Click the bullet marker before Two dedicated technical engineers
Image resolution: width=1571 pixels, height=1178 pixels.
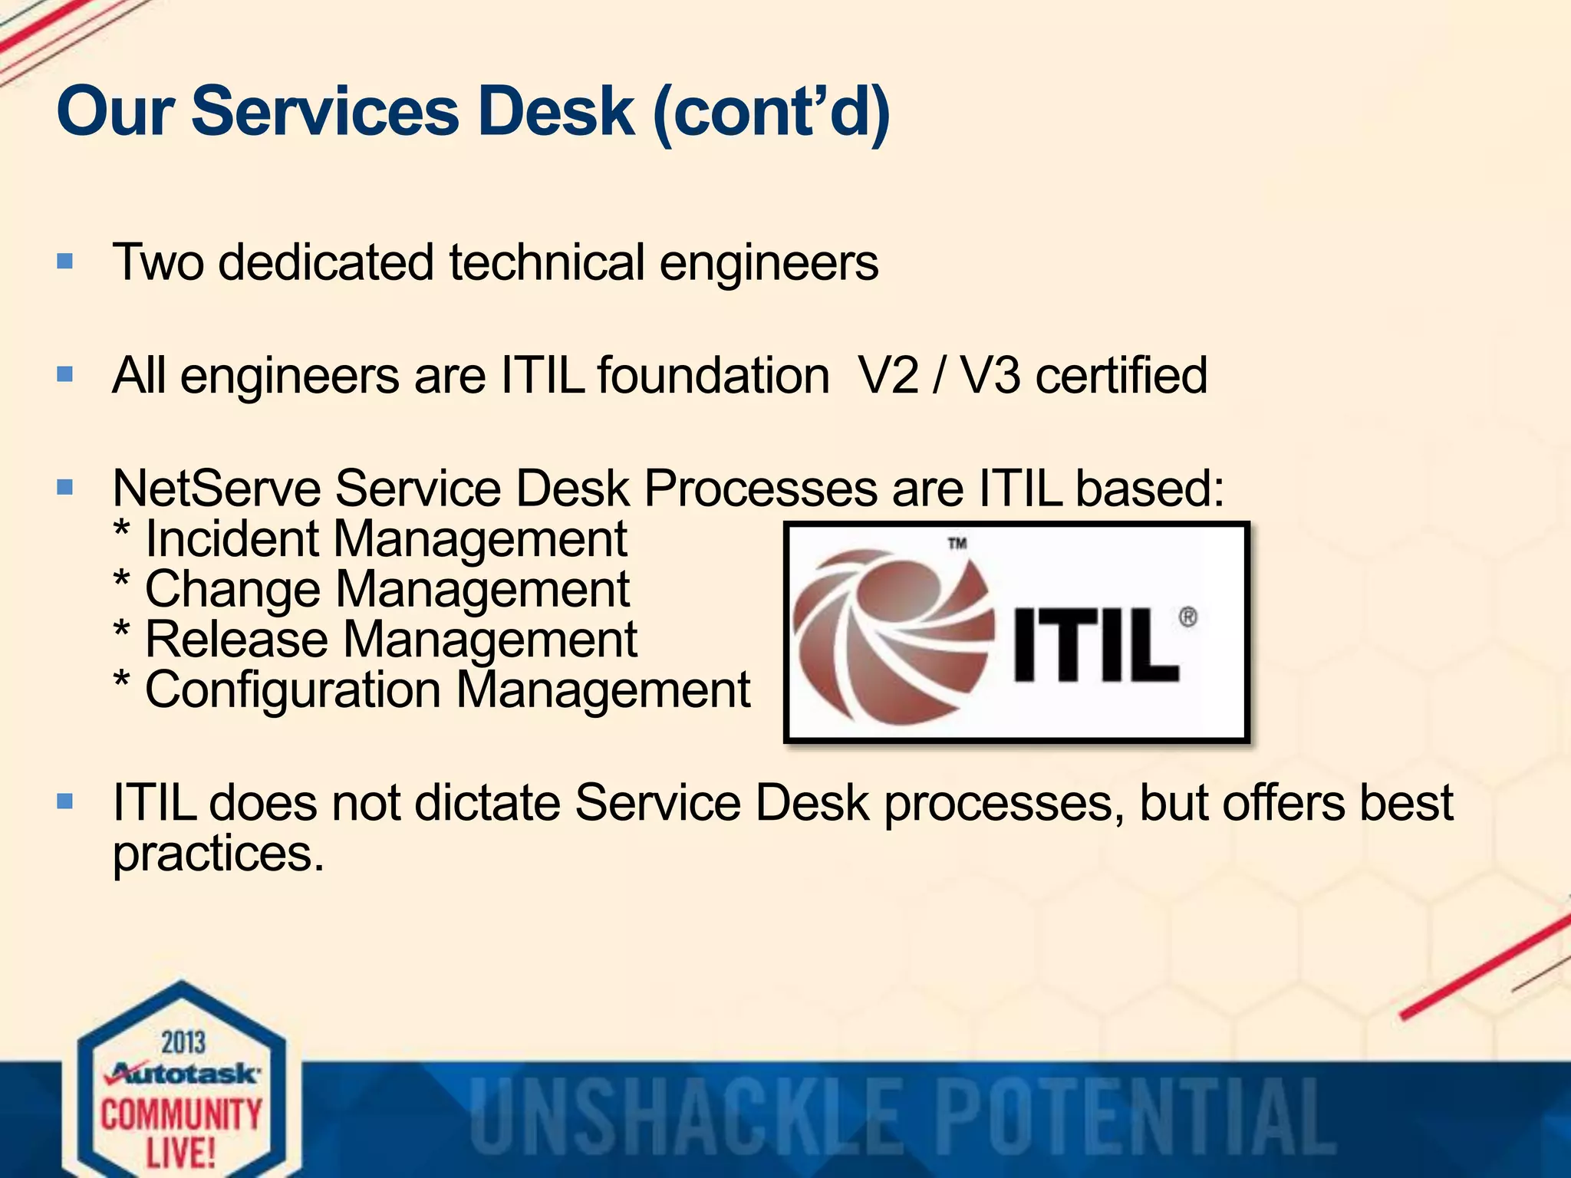[x=65, y=262]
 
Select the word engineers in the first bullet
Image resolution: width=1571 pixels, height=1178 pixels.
[x=769, y=264]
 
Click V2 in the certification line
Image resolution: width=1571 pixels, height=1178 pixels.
[x=888, y=376]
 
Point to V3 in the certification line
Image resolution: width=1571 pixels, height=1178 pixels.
[x=990, y=376]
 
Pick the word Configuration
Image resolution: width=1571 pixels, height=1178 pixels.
[x=292, y=690]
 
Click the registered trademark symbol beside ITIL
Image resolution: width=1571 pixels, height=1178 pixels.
[x=1187, y=617]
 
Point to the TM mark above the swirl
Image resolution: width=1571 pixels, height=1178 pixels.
[x=957, y=544]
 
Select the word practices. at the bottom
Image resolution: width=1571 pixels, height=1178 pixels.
[x=219, y=854]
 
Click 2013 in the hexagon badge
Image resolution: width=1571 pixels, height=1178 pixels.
[x=183, y=1043]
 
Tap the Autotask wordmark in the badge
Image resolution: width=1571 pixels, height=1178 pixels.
[x=184, y=1073]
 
